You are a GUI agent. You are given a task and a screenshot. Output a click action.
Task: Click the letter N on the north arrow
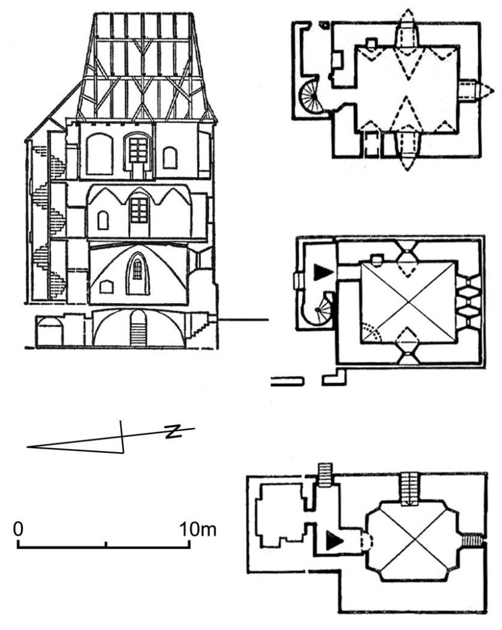174,431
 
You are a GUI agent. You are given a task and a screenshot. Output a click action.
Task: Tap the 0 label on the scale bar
18,528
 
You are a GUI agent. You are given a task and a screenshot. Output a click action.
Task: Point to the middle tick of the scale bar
107,544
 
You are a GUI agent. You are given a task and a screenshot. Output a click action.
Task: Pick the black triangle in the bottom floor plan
333,540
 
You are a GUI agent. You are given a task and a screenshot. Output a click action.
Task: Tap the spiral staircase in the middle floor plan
323,308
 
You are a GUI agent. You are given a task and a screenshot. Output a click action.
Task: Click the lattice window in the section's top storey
139,150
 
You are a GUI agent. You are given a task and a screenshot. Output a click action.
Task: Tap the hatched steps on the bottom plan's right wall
474,540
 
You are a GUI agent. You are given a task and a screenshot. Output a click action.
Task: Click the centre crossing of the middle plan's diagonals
408,303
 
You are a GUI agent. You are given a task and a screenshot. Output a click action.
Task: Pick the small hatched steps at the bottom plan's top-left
324,474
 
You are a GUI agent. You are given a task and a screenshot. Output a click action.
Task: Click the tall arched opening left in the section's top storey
99,154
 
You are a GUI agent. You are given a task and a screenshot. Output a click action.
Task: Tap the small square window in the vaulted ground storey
106,286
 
